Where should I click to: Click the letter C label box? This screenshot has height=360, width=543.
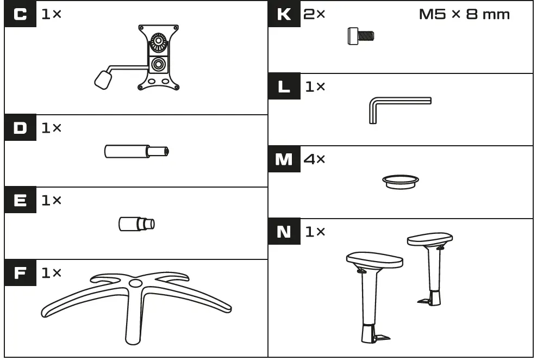[20, 15]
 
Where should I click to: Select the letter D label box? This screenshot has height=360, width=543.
[20, 128]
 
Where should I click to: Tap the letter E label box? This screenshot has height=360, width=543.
[20, 201]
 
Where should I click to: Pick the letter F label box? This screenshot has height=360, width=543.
[20, 273]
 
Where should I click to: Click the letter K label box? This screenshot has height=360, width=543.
[284, 15]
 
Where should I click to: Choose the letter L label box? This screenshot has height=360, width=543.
[284, 87]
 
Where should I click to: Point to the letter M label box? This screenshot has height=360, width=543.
[284, 160]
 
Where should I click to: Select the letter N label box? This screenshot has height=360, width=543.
[284, 232]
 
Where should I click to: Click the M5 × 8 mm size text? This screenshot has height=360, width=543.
[464, 15]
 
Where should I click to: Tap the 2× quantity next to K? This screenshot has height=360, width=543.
[314, 15]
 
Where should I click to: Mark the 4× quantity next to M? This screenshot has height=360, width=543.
[314, 160]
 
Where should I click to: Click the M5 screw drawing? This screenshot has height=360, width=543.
[360, 36]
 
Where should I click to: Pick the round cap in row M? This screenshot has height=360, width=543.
[401, 181]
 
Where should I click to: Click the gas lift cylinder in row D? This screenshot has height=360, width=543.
[136, 151]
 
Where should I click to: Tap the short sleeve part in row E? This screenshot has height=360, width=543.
[136, 223]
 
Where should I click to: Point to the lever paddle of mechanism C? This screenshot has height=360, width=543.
[103, 80]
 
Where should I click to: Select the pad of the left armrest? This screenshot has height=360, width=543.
[375, 261]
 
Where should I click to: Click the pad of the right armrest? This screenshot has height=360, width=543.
[429, 239]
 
